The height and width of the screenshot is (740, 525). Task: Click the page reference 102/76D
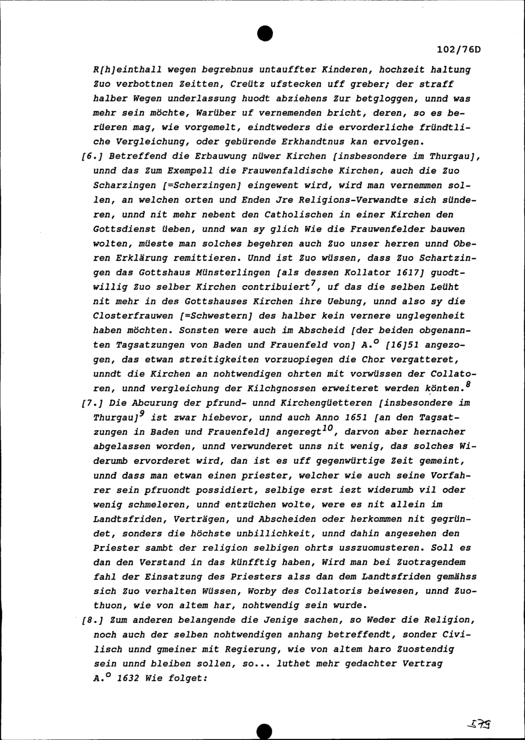[458, 50]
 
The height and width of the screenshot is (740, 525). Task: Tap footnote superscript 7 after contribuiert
[312, 284]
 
